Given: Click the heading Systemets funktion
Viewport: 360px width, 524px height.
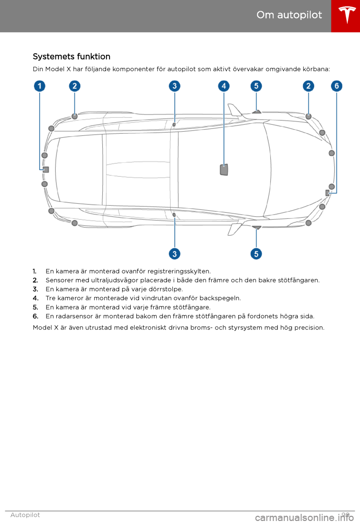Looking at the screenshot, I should [x=72, y=57].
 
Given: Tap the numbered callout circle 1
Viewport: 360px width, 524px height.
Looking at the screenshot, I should [x=40, y=86].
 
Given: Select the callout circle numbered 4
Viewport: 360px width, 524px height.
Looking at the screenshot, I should [x=224, y=86].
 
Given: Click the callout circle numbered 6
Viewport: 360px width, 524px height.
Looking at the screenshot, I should [x=337, y=86].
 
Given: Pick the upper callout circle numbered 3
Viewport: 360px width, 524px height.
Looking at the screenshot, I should [x=174, y=86].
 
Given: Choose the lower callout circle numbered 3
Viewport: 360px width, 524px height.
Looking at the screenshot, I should [x=174, y=254].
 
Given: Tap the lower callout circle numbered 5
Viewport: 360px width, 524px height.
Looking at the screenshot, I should [x=256, y=254].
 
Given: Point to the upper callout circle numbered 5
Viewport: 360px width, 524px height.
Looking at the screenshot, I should [x=256, y=86].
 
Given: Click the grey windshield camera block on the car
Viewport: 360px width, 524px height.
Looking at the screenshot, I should [x=224, y=170].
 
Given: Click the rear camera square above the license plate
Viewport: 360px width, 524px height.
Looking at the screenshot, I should [x=46, y=170].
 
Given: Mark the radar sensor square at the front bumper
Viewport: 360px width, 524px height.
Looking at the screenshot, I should [x=327, y=193].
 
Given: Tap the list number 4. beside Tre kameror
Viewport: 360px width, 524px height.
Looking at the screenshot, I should [x=36, y=298].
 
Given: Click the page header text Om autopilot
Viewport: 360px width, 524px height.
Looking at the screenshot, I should [x=289, y=15].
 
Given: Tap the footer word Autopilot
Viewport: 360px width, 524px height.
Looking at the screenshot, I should [x=25, y=515].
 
